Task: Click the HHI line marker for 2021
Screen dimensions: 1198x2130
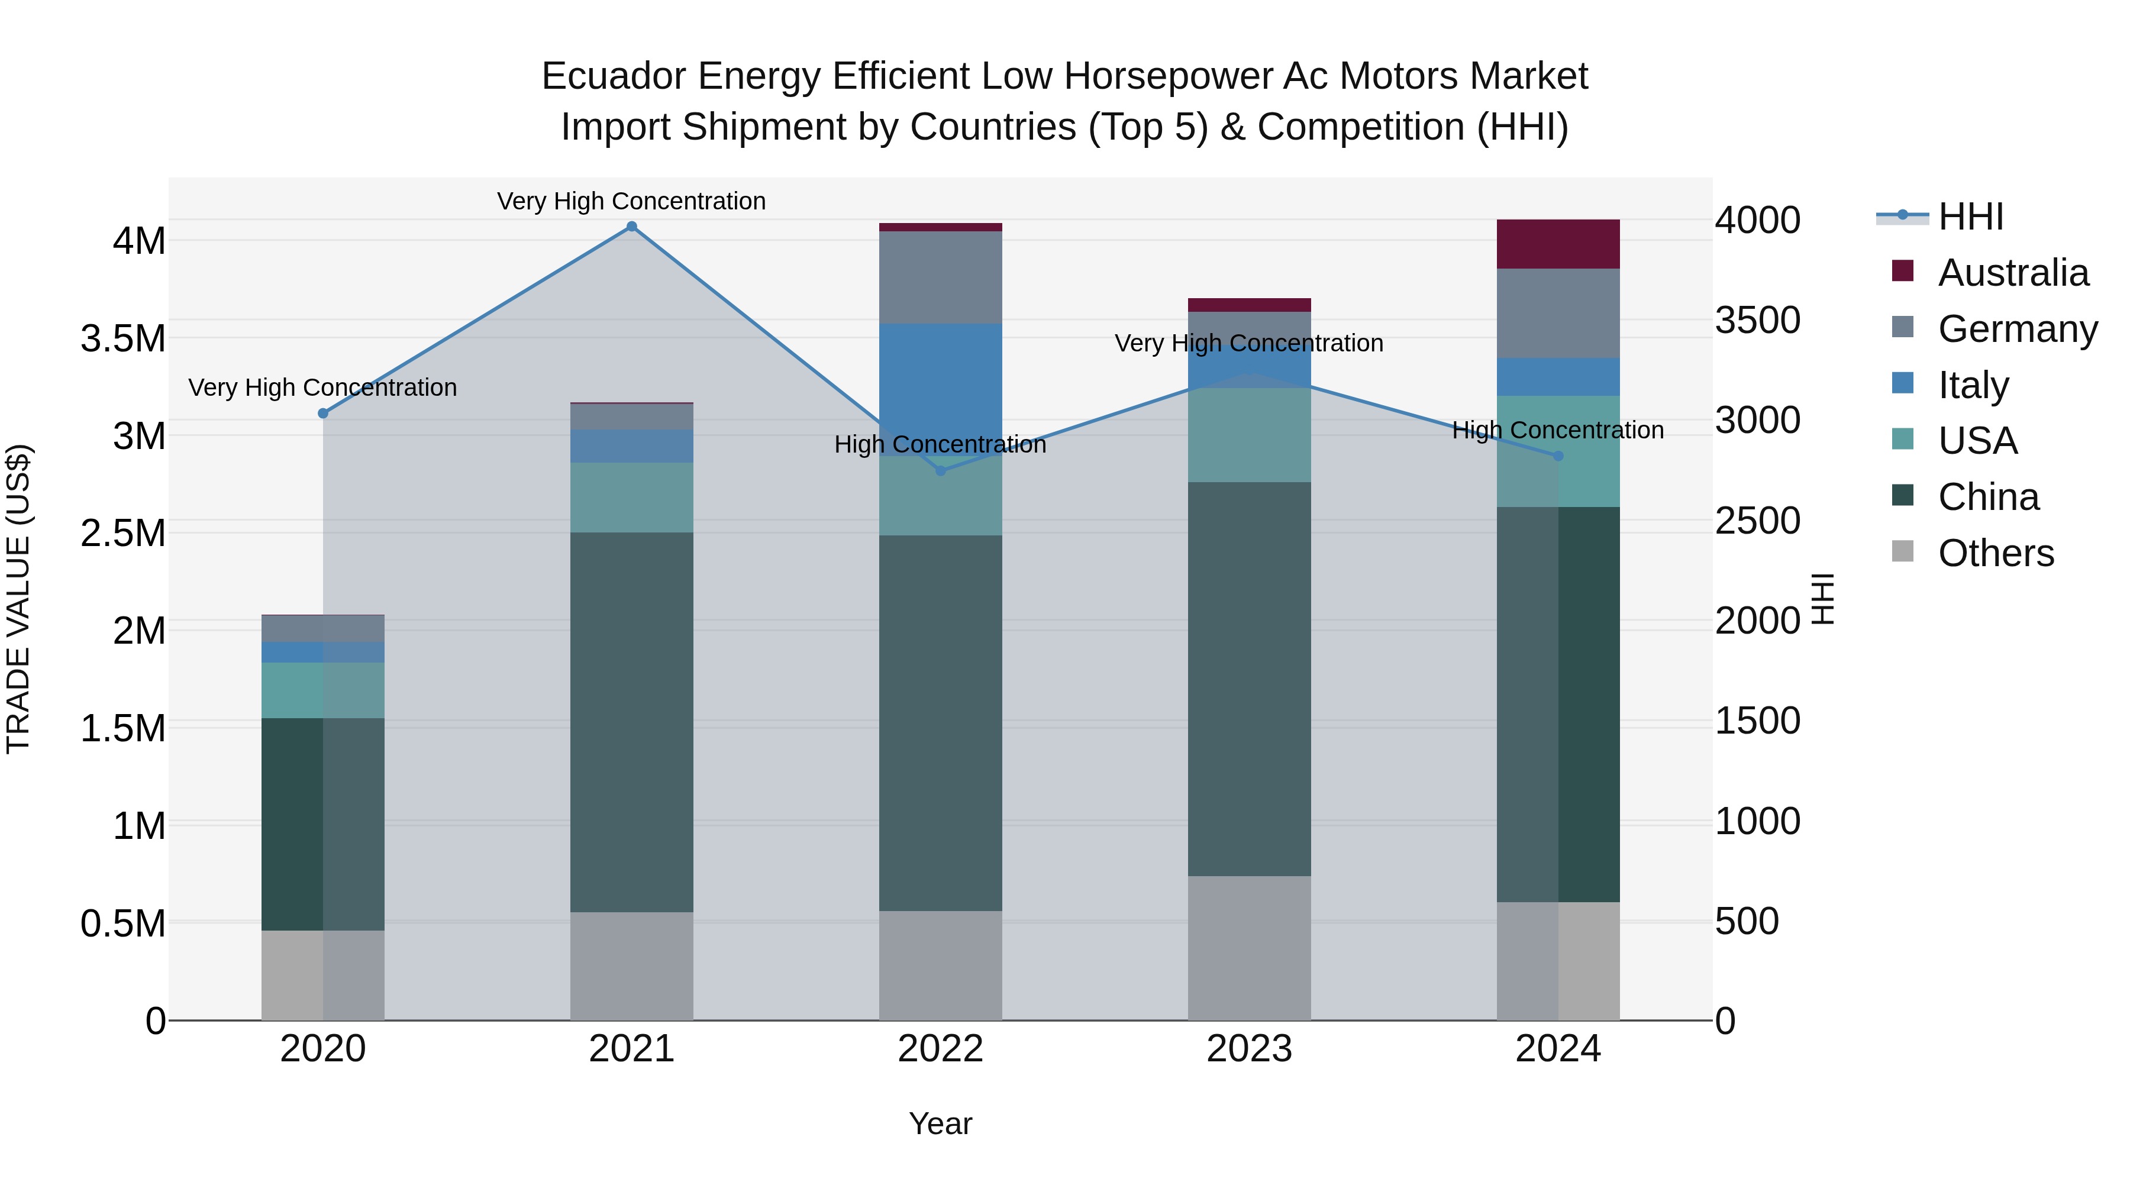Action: click(x=632, y=227)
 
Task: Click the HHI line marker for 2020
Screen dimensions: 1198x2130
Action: click(x=323, y=414)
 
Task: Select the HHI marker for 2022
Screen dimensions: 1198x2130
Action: click(x=940, y=470)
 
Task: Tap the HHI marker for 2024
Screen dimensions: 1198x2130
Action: click(x=1558, y=456)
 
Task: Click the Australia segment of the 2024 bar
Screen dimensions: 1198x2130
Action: click(x=1558, y=244)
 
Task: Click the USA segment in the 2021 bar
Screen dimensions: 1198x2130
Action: click(x=632, y=497)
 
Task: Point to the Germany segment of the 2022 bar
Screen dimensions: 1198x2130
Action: click(x=940, y=277)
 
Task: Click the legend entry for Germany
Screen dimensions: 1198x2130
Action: click(x=2017, y=328)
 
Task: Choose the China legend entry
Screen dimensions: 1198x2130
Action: click(x=1988, y=497)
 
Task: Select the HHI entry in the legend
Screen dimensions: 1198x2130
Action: click(x=1970, y=217)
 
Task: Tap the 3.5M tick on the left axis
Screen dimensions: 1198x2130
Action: click(x=123, y=339)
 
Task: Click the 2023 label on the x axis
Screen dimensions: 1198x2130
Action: click(x=1248, y=1048)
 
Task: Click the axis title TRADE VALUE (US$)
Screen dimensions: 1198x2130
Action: click(x=18, y=599)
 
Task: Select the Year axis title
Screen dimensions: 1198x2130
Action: click(x=940, y=1123)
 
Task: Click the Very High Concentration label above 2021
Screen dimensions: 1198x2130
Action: click(x=632, y=201)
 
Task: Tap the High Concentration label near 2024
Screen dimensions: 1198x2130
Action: click(x=1558, y=430)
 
